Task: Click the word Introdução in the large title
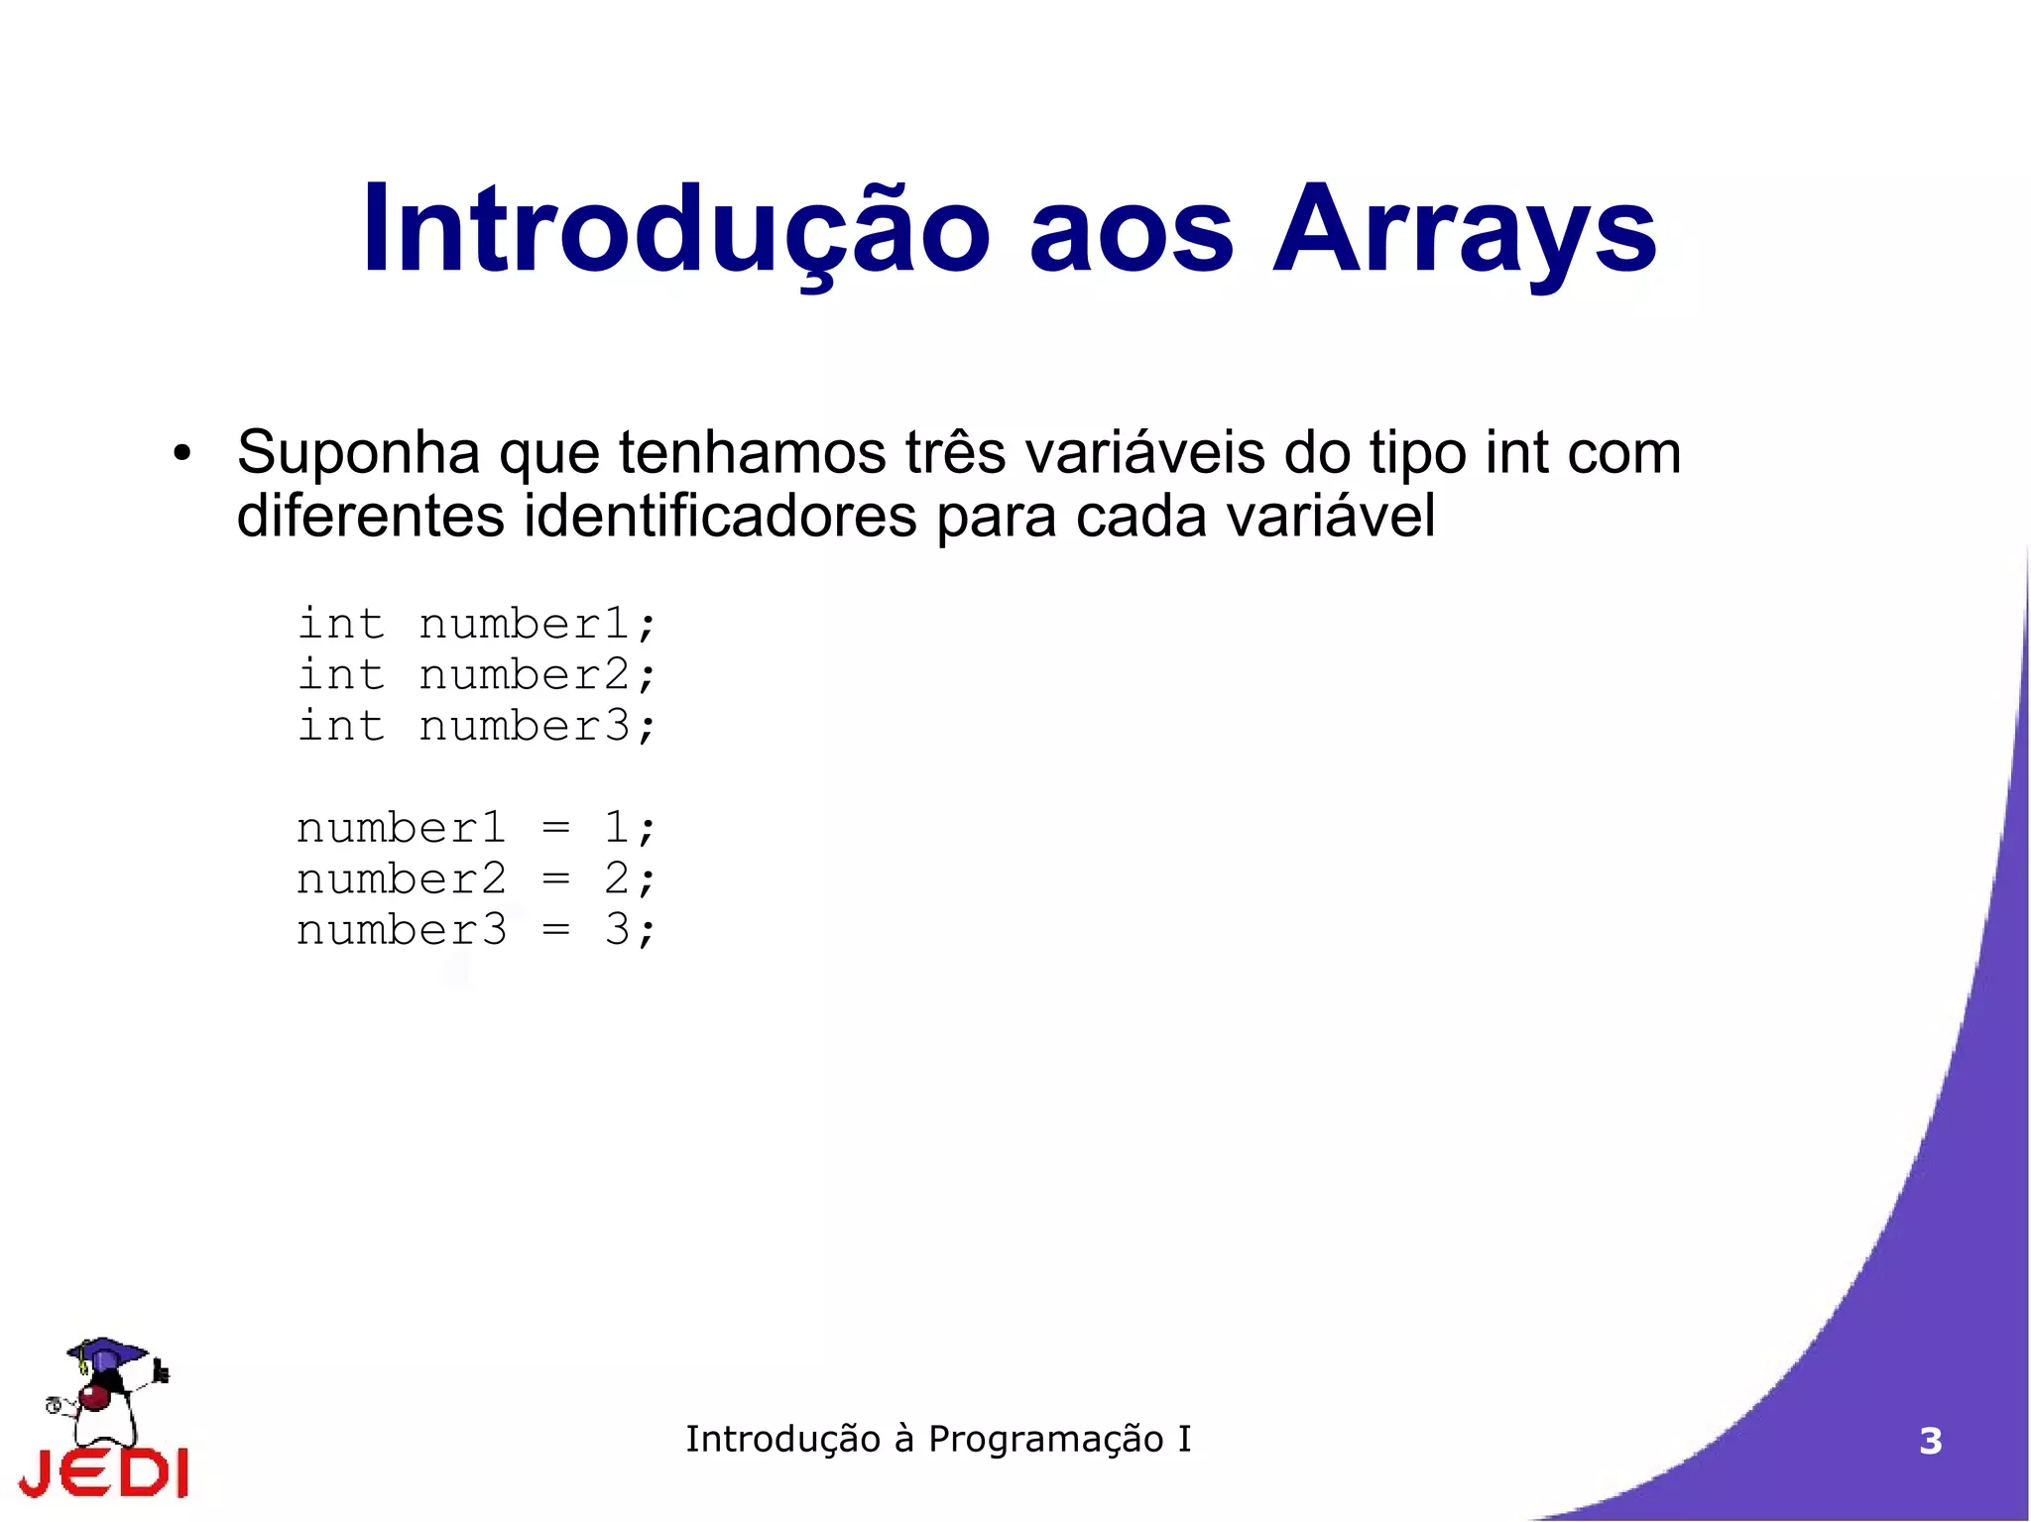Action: (x=675, y=231)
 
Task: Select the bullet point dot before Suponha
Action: (x=180, y=455)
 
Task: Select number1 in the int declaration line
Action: (x=524, y=625)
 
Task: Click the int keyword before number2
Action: (x=340, y=675)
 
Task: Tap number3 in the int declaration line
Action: (x=524, y=727)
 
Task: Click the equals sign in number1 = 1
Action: (x=556, y=828)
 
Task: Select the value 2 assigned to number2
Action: (x=616, y=878)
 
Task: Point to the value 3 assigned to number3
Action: (x=617, y=930)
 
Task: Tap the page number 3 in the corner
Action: (x=1930, y=1441)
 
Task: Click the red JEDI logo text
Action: (x=104, y=1472)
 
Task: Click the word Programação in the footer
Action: (x=1045, y=1440)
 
